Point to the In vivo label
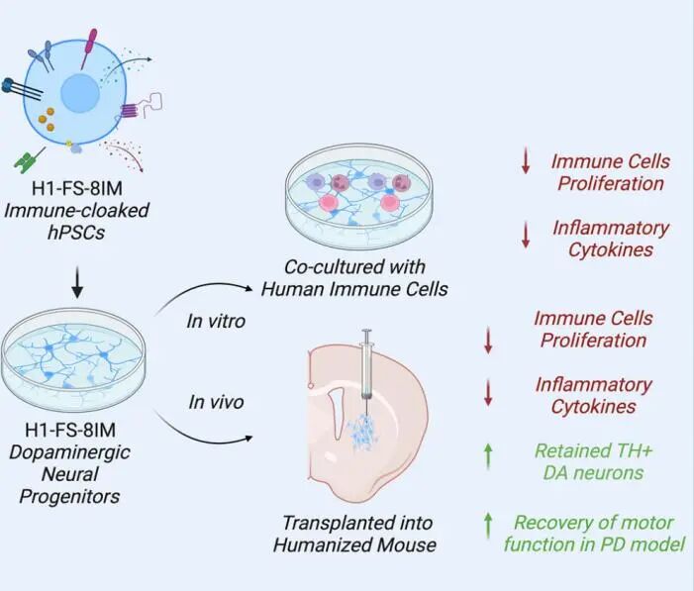(216, 402)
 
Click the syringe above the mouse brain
(366, 361)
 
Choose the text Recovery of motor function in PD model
(594, 533)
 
